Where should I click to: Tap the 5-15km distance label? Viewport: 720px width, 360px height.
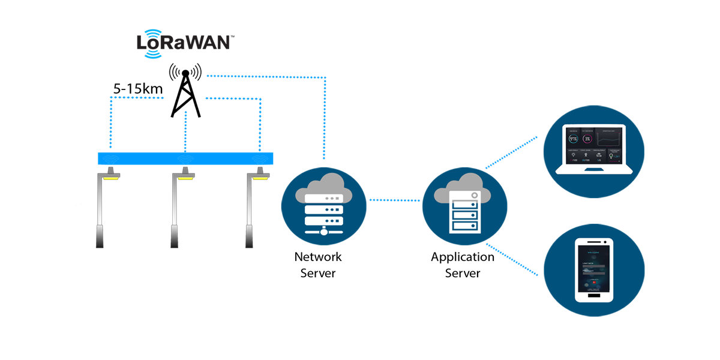(138, 89)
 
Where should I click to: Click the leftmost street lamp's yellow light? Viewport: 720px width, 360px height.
(112, 177)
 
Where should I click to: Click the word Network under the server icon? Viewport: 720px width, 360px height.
(317, 257)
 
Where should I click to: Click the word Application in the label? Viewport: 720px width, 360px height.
(463, 257)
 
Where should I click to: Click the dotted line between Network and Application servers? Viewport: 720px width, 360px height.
(393, 200)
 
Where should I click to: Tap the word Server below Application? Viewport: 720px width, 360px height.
(463, 273)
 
